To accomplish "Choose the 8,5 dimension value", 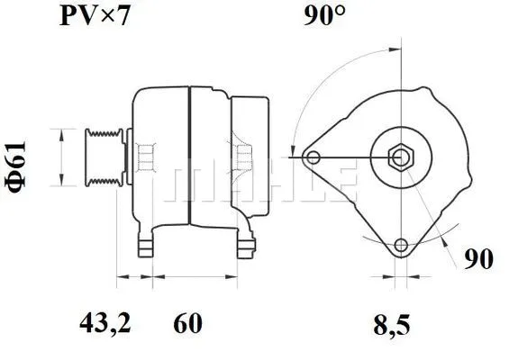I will (x=395, y=320).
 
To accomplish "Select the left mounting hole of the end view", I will (x=314, y=158).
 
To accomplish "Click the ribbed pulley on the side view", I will (x=106, y=156).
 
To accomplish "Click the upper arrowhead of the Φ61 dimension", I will (x=61, y=133).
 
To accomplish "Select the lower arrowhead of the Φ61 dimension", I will (x=61, y=179).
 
